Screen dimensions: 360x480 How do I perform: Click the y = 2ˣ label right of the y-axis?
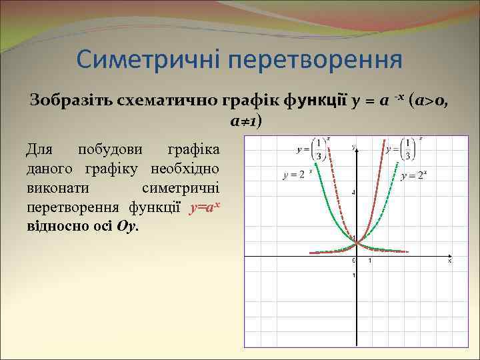414,176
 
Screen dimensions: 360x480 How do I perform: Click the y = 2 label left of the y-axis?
295,175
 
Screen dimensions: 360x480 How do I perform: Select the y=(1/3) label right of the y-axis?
401,149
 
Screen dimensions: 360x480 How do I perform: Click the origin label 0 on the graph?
353,261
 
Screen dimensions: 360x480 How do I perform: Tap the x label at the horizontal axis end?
449,261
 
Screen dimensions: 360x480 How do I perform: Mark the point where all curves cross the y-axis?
357,241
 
